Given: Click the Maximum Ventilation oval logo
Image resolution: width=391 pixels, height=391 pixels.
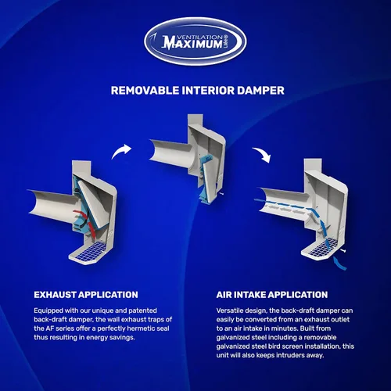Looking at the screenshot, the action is pos(195,41).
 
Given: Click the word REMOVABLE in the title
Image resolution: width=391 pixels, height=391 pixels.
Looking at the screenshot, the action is pos(145,91).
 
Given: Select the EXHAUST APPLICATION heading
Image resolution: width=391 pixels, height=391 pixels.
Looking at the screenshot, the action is pos(86,295).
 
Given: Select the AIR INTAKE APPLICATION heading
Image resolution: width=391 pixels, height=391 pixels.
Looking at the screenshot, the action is pos(272,295).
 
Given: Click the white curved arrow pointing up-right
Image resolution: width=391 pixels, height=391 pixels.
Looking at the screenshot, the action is pos(120,151).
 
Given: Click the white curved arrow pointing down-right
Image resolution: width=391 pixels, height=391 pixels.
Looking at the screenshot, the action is pos(262,154).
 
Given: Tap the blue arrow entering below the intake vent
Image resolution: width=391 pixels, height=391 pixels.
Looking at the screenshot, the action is pos(339,264).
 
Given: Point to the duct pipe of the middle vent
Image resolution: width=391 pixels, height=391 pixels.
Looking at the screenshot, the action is pos(170,154).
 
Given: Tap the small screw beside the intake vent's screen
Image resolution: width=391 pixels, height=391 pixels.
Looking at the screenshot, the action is pos(343,250).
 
